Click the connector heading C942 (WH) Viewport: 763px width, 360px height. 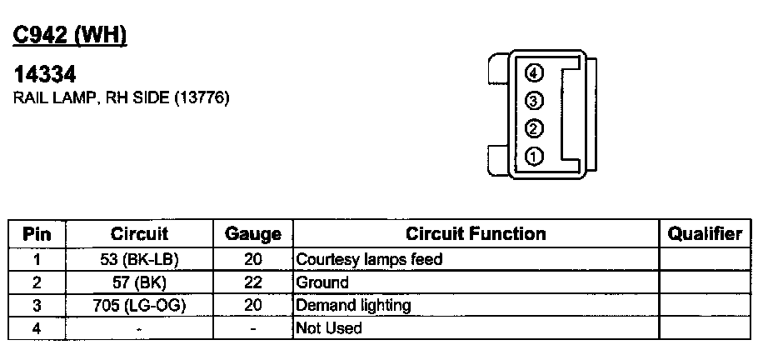tap(71, 34)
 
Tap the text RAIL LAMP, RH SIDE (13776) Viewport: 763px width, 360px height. tap(122, 98)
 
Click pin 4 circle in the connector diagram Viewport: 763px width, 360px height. tap(534, 72)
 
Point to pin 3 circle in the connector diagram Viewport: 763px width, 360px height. tap(534, 101)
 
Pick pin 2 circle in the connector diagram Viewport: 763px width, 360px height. tap(534, 128)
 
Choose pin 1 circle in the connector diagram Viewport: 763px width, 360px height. tap(534, 156)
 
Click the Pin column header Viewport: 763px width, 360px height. tap(37, 234)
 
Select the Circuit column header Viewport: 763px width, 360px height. tap(139, 234)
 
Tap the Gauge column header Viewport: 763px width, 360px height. tap(253, 235)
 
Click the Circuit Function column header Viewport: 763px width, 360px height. tap(476, 234)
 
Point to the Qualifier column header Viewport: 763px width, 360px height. tap(705, 234)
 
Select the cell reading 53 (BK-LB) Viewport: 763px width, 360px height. tap(139, 259)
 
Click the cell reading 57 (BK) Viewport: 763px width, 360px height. tap(139, 282)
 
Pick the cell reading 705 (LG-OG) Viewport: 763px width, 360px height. tap(139, 306)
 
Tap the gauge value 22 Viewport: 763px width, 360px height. tap(253, 282)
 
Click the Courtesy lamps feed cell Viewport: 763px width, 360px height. tap(369, 259)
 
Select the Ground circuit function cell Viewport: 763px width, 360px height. tap(322, 282)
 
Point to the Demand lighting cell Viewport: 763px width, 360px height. tap(354, 306)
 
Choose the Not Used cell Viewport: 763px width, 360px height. tap(330, 328)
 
